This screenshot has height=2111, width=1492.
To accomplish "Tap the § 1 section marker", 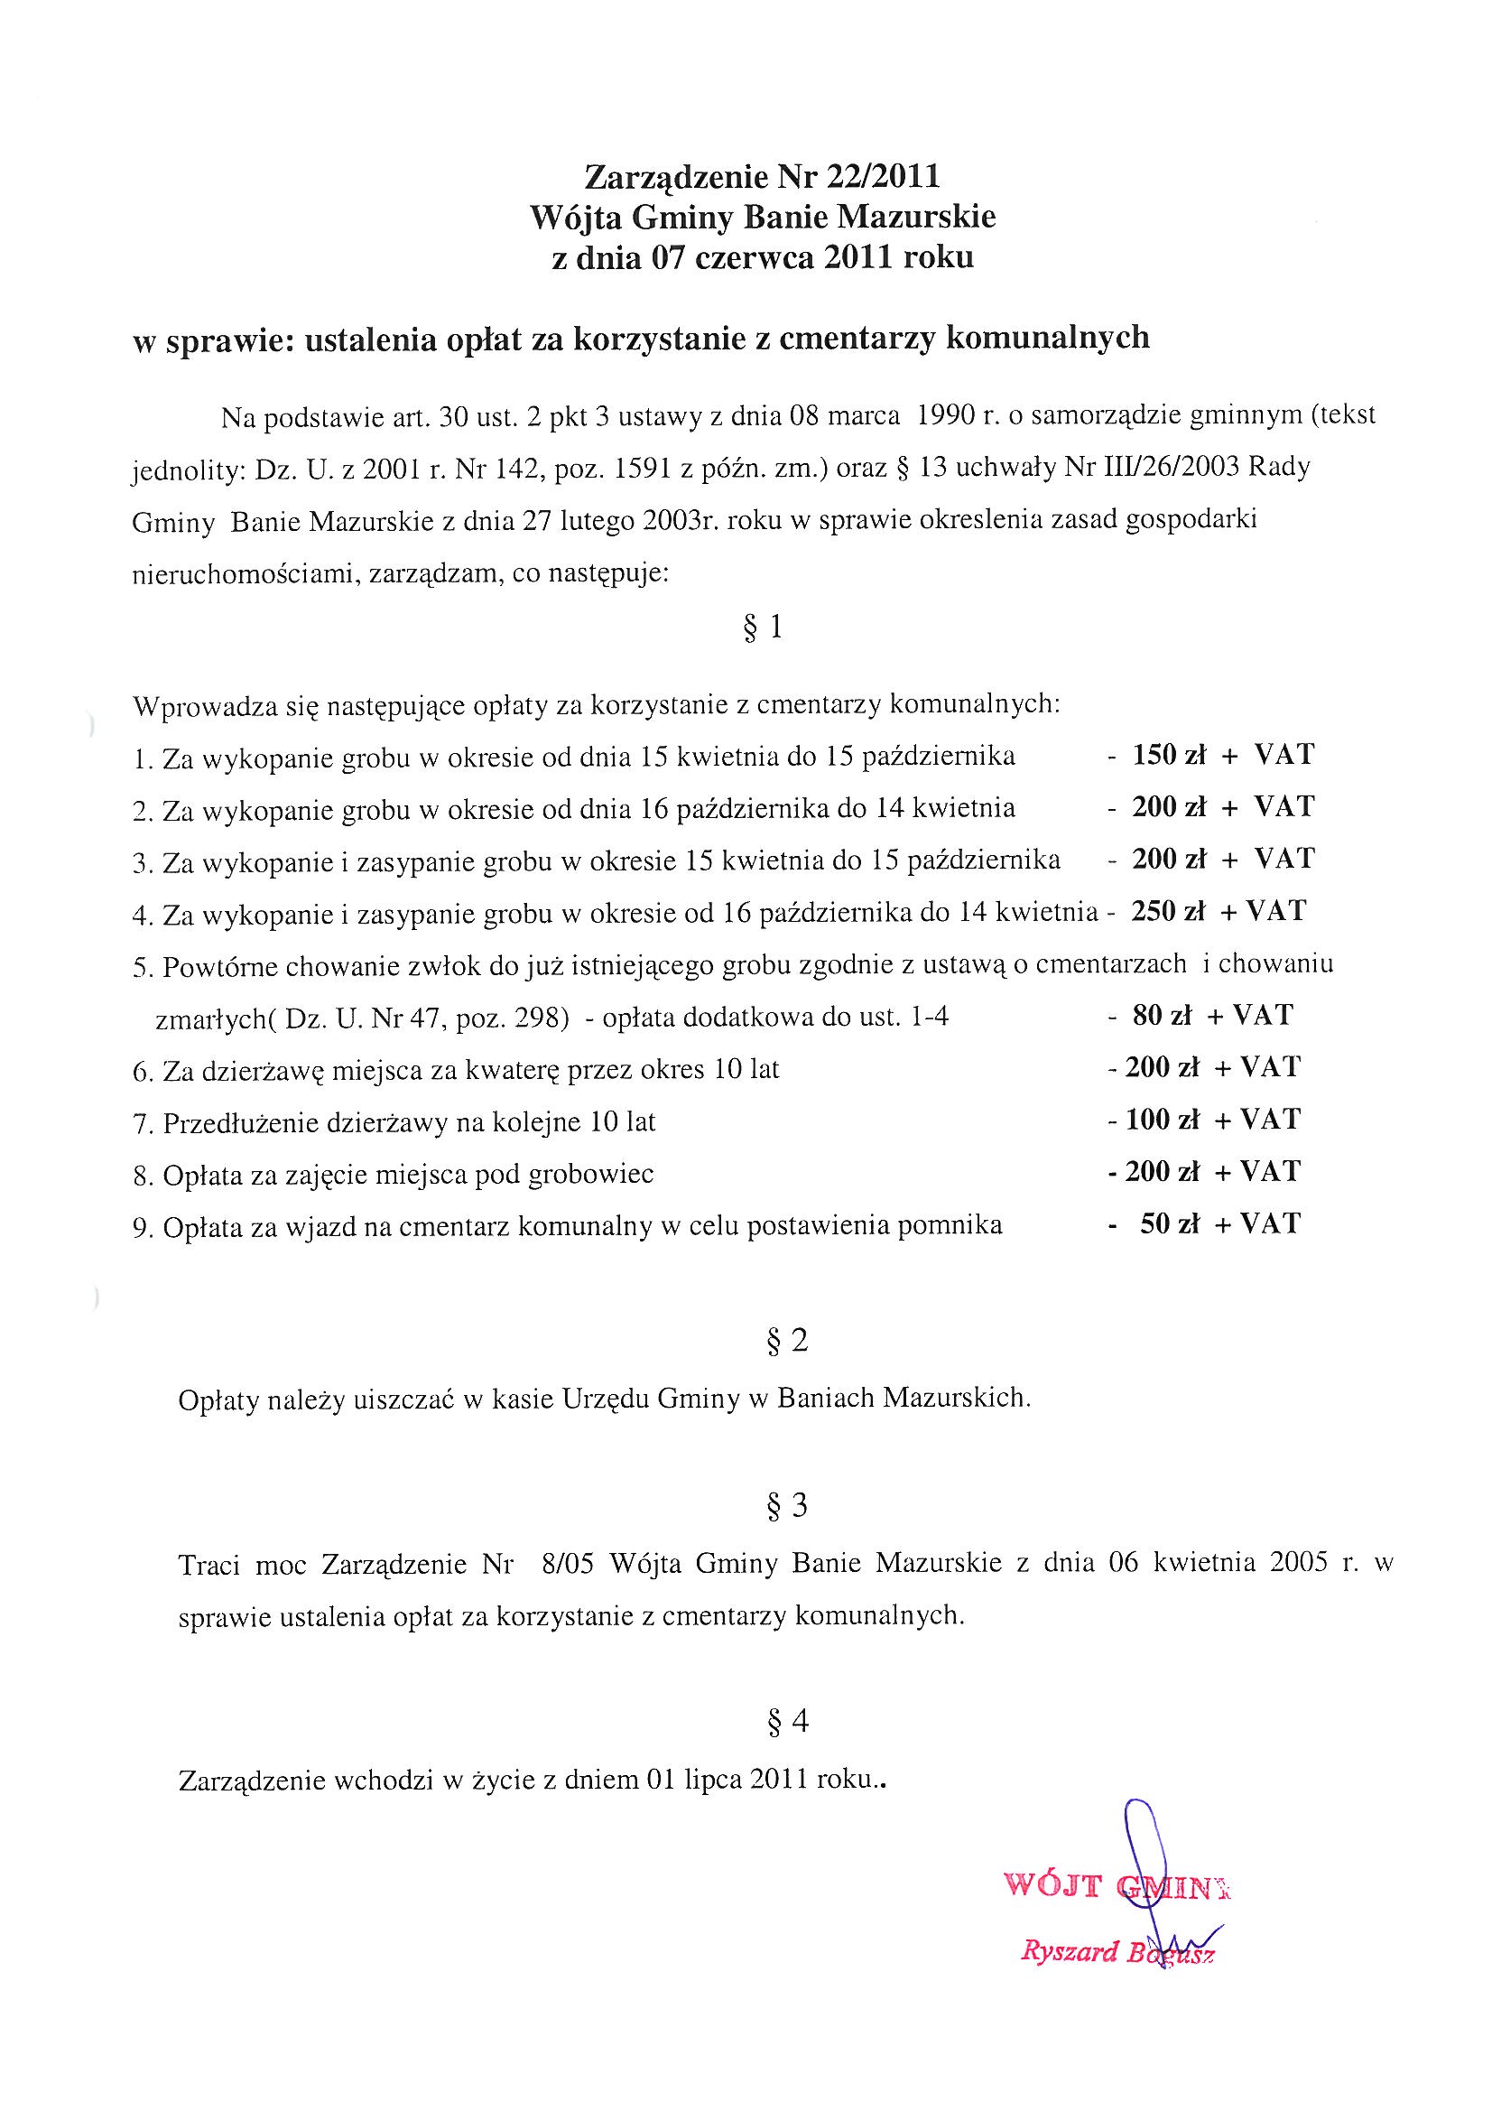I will coord(763,628).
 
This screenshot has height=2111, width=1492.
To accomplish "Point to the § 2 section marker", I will coord(787,1342).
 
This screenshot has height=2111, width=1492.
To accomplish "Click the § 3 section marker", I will coord(787,1506).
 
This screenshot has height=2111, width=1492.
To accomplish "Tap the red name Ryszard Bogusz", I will coord(1117,1953).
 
